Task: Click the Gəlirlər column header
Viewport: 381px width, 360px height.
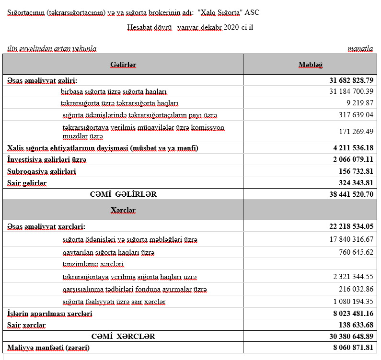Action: tap(123, 65)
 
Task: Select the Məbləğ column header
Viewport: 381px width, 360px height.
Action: tap(310, 65)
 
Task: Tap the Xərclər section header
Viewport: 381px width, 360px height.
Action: tap(123, 210)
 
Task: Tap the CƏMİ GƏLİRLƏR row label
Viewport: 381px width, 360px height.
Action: tap(123, 194)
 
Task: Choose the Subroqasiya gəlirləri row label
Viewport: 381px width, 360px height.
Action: tap(42, 171)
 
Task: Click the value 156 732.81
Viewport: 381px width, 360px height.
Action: tap(356, 171)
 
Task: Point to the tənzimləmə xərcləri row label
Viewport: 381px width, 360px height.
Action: tap(93, 264)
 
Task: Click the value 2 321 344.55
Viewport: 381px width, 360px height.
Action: tap(353, 277)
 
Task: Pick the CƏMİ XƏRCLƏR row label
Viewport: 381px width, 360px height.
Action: tap(123, 336)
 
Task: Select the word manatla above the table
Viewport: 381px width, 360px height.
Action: tap(360, 48)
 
